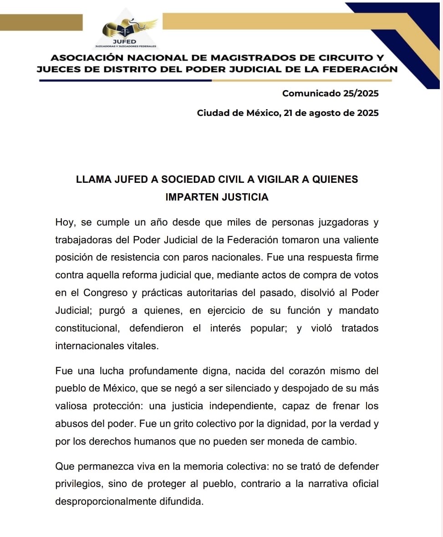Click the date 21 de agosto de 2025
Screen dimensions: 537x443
[x=331, y=113]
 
